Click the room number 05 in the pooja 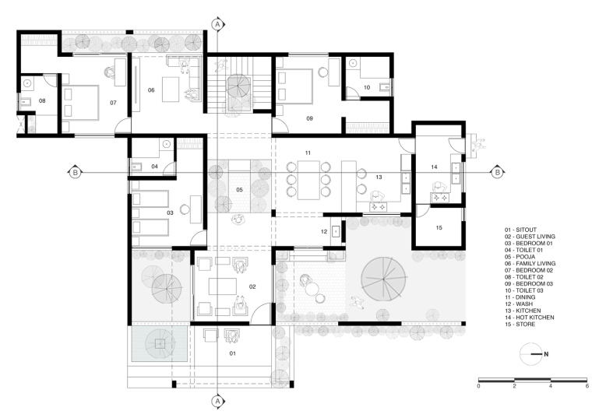[239, 190]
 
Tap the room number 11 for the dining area [308, 153]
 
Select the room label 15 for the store [439, 227]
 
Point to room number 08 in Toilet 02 [42, 100]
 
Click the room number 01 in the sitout [233, 353]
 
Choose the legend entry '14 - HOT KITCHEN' [530, 318]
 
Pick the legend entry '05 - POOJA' [520, 257]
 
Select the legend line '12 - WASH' [519, 304]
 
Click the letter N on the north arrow [546, 354]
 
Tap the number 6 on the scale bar [587, 386]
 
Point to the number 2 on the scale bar [514, 386]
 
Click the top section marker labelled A [217, 25]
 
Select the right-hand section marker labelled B [498, 172]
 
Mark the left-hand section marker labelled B [75, 172]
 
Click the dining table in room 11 [308, 180]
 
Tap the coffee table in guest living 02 [222, 286]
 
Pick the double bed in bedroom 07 [80, 103]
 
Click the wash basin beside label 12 [336, 230]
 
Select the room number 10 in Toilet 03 [367, 87]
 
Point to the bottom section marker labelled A [217, 402]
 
